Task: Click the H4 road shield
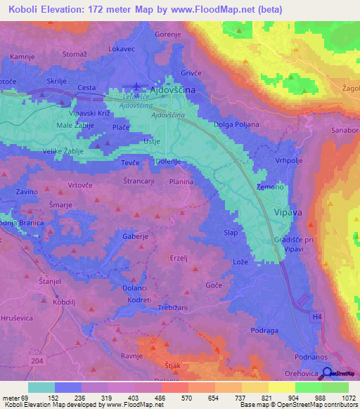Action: click(x=318, y=317)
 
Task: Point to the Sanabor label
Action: click(x=344, y=131)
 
